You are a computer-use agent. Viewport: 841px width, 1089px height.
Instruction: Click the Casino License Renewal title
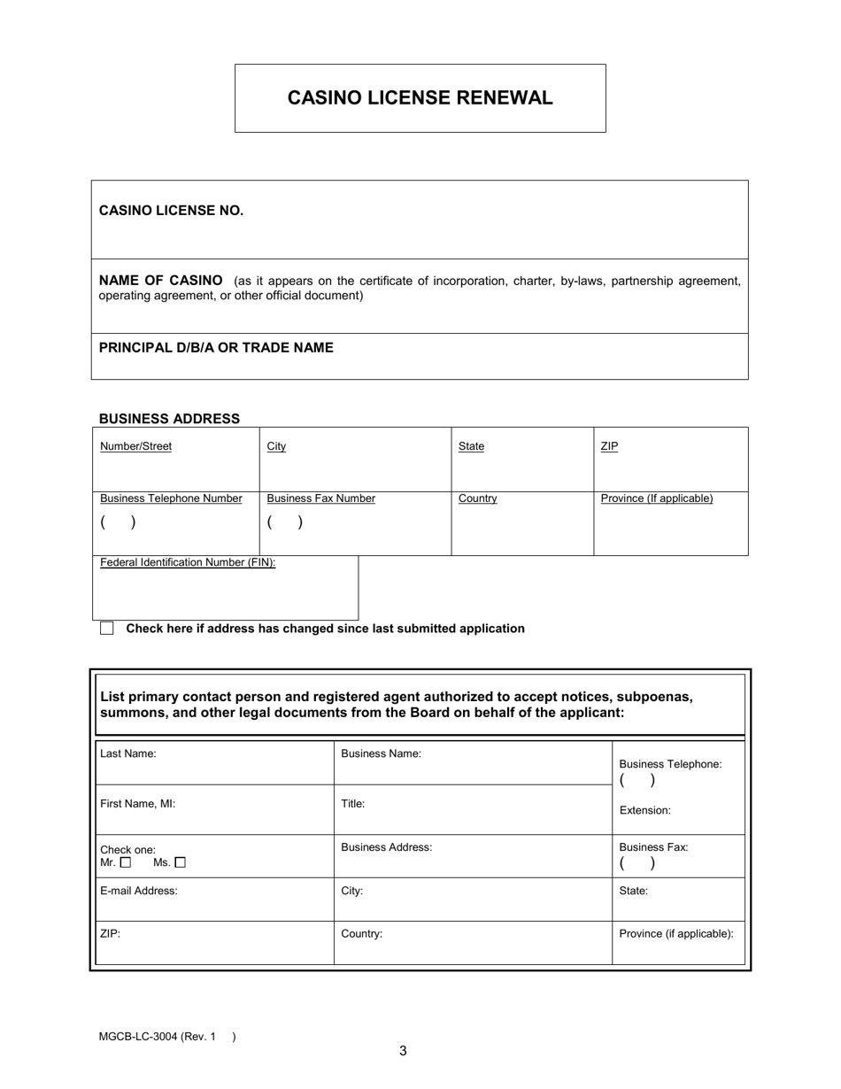coord(420,98)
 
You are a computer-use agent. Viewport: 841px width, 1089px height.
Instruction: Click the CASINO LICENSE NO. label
coord(171,211)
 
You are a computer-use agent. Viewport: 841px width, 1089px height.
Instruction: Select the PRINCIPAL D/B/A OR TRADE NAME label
coord(216,348)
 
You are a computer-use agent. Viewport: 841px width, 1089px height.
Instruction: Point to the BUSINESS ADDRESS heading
coord(169,419)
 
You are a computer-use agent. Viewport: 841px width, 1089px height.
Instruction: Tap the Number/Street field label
coord(135,446)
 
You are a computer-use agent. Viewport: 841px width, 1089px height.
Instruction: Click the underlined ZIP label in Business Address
coord(609,446)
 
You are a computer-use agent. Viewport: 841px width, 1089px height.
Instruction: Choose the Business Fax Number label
coord(320,498)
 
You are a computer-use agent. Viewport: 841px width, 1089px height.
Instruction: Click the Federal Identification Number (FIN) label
coord(188,562)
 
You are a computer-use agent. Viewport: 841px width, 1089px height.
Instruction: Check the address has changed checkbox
coord(107,629)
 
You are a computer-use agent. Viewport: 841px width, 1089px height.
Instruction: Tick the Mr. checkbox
coord(125,862)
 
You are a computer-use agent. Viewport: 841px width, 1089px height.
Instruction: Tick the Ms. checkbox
coord(181,862)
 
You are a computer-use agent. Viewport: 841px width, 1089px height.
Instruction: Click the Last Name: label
coord(128,754)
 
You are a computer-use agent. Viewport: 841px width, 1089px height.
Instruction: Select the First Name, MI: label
coord(137,804)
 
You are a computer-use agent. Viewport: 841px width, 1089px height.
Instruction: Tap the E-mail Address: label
coord(139,892)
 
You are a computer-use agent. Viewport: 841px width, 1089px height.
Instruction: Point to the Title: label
coord(353,804)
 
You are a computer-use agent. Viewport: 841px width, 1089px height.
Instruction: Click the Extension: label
coord(644,810)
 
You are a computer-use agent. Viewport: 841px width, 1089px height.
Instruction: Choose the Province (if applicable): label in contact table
coord(676,934)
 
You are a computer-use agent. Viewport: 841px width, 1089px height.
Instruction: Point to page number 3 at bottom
coord(403,1051)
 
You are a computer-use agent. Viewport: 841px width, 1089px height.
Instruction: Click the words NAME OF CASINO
coord(161,281)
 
